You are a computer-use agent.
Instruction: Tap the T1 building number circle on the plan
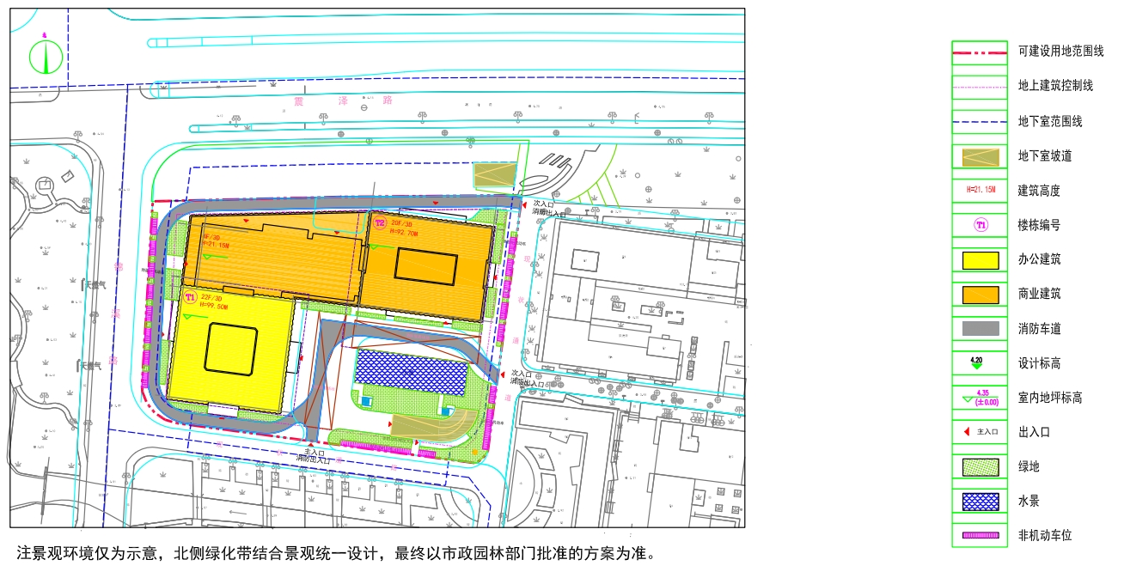pos(191,296)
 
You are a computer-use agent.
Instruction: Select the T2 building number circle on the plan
pos(379,224)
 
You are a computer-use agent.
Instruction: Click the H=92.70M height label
pos(404,232)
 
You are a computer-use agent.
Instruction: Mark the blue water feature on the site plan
pos(412,371)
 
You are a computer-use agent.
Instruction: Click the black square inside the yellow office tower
pos(231,350)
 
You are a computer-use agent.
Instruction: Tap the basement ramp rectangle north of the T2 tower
pos(494,175)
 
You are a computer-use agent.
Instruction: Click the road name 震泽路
pos(341,100)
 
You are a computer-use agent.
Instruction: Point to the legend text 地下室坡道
pos(1046,156)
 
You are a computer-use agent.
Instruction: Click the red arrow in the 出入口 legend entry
pos(966,432)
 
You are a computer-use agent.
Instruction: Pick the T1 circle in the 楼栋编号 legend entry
pos(980,225)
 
